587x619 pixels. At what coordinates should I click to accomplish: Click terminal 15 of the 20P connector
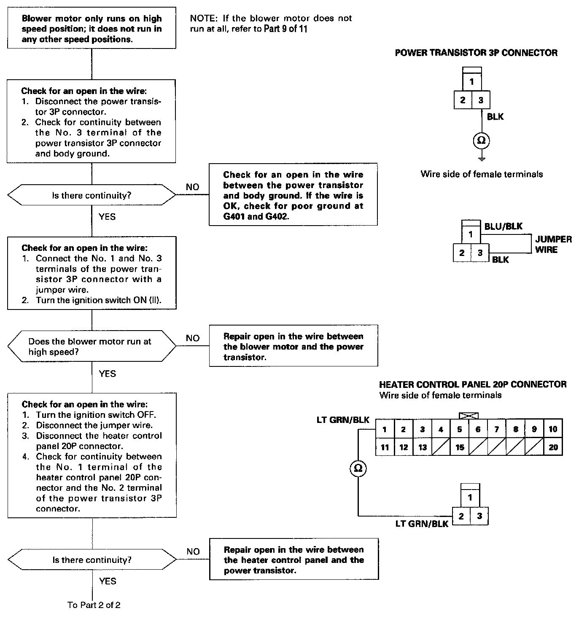(x=460, y=447)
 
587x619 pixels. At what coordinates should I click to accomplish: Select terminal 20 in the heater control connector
(x=553, y=447)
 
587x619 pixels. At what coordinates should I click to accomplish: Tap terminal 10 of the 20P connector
(x=553, y=429)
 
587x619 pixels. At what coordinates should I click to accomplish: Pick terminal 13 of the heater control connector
(x=422, y=447)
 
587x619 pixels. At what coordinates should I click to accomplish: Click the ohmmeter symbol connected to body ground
(x=481, y=141)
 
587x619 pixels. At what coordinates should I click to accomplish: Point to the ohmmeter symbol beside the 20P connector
(x=358, y=468)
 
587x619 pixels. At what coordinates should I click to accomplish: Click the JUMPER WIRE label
(x=553, y=245)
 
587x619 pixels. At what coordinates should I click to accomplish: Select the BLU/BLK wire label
(x=503, y=226)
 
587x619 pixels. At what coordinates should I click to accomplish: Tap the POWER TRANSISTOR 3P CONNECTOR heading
(x=476, y=53)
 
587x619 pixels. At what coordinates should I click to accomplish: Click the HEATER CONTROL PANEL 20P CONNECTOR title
(x=473, y=385)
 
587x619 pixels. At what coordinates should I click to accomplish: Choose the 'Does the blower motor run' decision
(x=92, y=347)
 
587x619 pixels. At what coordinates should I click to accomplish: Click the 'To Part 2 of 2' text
(x=94, y=605)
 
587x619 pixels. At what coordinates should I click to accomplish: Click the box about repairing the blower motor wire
(x=293, y=347)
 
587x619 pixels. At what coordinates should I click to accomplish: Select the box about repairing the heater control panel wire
(x=293, y=560)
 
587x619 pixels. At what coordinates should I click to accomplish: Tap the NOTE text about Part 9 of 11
(x=271, y=24)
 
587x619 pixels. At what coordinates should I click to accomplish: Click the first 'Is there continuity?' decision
(x=92, y=196)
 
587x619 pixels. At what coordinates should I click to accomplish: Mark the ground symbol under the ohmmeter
(x=482, y=159)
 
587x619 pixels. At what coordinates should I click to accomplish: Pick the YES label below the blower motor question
(x=107, y=374)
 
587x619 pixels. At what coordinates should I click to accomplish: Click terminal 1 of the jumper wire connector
(x=471, y=234)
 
